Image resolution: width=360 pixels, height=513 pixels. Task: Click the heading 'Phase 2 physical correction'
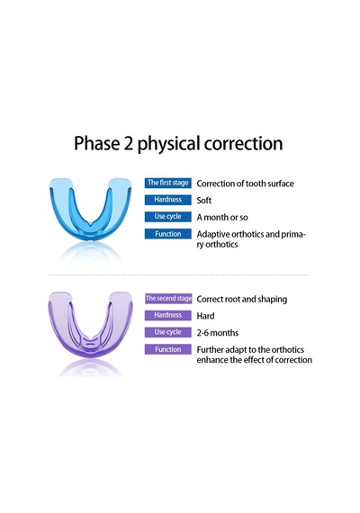(x=178, y=144)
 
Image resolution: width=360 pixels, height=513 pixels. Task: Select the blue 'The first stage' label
(x=168, y=183)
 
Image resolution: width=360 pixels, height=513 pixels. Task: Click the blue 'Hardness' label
(x=168, y=200)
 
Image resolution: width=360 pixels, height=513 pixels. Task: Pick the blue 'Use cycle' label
(x=168, y=217)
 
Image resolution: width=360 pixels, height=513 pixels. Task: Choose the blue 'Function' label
(x=168, y=234)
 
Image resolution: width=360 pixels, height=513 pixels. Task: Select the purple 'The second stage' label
(x=168, y=299)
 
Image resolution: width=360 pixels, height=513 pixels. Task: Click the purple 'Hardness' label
(x=168, y=315)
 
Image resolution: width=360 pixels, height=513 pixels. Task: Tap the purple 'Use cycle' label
(x=168, y=332)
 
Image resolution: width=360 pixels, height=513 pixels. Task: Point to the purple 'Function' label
(x=168, y=349)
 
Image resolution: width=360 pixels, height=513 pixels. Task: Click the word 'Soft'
(x=204, y=200)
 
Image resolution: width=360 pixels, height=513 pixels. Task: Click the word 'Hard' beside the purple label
(x=205, y=316)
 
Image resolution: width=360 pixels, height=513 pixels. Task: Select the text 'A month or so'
(x=222, y=217)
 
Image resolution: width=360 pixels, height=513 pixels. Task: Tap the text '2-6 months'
(x=218, y=333)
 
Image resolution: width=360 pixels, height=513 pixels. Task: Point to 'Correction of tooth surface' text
(x=245, y=184)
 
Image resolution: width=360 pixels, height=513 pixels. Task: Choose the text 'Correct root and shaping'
(x=242, y=300)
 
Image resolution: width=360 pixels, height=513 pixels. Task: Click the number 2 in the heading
(x=129, y=144)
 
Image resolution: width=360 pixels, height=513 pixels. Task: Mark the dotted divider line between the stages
(x=179, y=274)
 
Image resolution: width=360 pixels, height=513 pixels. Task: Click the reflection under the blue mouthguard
(x=90, y=253)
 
